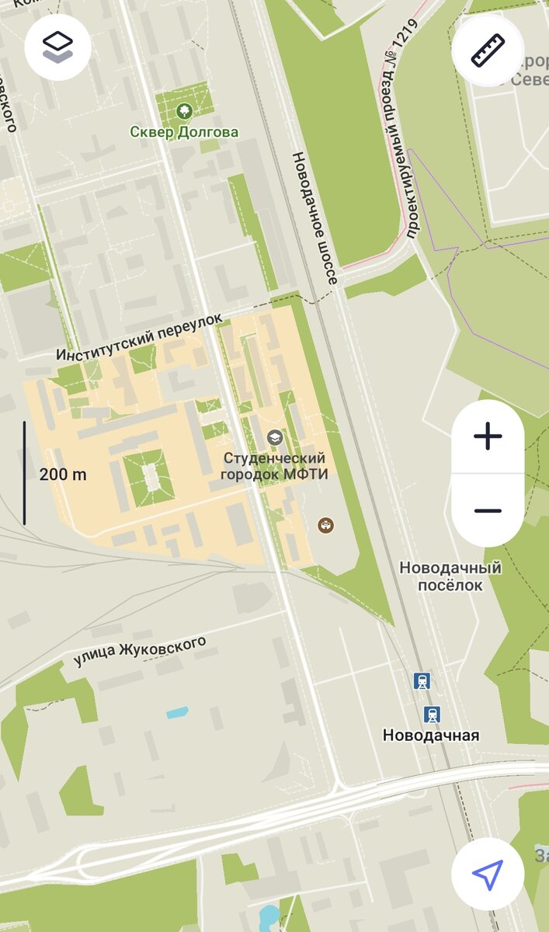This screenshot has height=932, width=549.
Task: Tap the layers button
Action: click(58, 47)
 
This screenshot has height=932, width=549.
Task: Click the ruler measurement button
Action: click(488, 50)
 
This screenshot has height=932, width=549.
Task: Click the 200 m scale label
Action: click(63, 475)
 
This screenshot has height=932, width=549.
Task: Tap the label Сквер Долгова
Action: click(184, 132)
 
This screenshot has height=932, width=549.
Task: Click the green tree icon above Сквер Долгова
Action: click(184, 111)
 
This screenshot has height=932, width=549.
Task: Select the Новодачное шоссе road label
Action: click(314, 217)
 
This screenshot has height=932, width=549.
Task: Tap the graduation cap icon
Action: click(274, 438)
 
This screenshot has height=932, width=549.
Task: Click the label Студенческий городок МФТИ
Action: click(274, 466)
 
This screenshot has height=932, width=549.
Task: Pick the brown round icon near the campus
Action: click(326, 526)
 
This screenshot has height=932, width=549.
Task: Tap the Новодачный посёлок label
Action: click(450, 576)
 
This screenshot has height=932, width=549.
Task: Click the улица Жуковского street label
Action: click(140, 652)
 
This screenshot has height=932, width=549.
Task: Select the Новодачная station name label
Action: click(431, 735)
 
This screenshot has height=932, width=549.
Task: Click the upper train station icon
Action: click(422, 681)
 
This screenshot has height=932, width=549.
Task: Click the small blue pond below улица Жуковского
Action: click(177, 711)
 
